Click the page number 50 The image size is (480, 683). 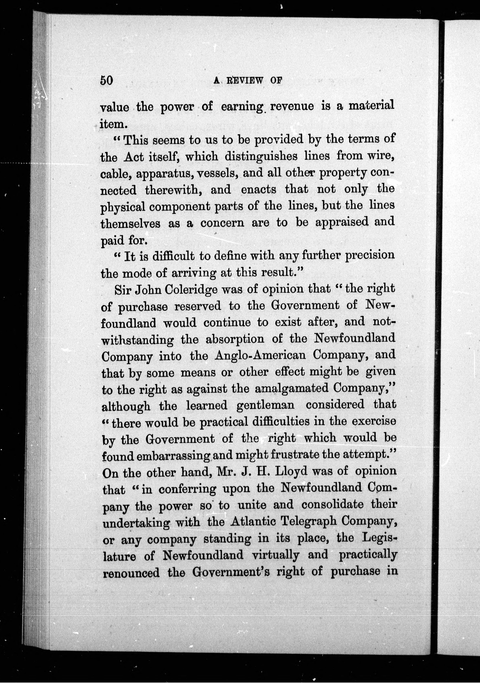[106, 80]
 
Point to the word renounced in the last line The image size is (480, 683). [131, 573]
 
